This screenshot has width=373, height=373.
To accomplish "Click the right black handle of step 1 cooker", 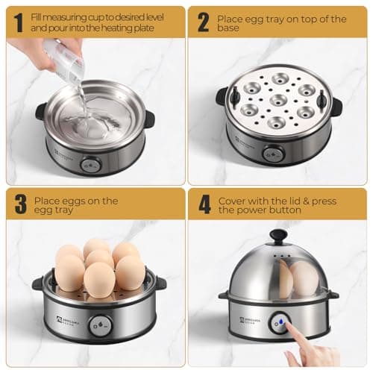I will click(x=150, y=119).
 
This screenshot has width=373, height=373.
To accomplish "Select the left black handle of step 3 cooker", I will click(x=38, y=283).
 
